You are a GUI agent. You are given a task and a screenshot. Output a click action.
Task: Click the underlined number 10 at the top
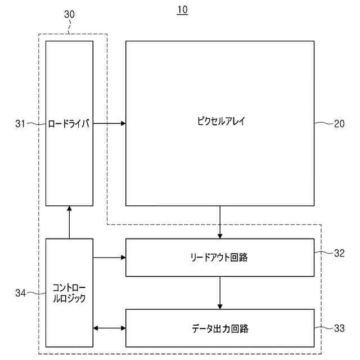tap(182, 10)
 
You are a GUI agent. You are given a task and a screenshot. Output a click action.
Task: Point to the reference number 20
tap(339, 124)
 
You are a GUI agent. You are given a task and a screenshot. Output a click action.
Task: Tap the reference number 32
tap(339, 253)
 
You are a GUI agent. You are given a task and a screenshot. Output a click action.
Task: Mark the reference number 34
tap(21, 292)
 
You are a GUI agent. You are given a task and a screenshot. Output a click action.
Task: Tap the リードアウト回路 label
tap(219, 258)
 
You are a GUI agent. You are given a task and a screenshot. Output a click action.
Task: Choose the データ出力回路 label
tap(219, 328)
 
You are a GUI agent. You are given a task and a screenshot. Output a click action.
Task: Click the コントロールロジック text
tap(69, 293)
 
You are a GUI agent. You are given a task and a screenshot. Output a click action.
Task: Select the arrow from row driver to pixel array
tap(109, 123)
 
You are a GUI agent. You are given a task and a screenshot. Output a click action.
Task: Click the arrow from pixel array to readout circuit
tap(220, 222)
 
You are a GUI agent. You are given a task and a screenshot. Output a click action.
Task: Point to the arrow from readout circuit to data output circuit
tap(220, 292)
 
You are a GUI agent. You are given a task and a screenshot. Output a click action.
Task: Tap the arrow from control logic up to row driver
tap(69, 222)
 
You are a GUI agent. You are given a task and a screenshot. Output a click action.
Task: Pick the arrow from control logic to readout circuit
tap(109, 258)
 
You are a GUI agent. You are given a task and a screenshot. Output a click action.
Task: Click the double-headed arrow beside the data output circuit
tap(109, 328)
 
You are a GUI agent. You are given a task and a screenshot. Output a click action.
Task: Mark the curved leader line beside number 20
tap(323, 124)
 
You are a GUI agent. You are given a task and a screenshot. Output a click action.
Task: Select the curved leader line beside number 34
tap(36, 292)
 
